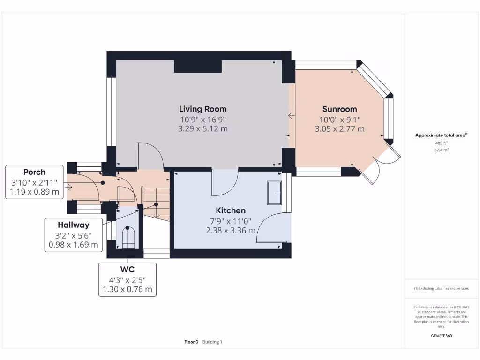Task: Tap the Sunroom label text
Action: point(339,109)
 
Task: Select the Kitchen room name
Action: point(230,210)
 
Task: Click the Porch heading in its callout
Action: point(34,172)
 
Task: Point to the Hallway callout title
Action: point(73,225)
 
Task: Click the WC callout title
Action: point(127,270)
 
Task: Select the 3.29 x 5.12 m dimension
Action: point(202,129)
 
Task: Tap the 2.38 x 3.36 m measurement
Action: point(230,230)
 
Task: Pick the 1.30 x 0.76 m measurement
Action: point(127,289)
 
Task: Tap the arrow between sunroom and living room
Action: point(291,115)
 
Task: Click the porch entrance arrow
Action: point(69,187)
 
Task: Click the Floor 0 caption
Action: point(191,342)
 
